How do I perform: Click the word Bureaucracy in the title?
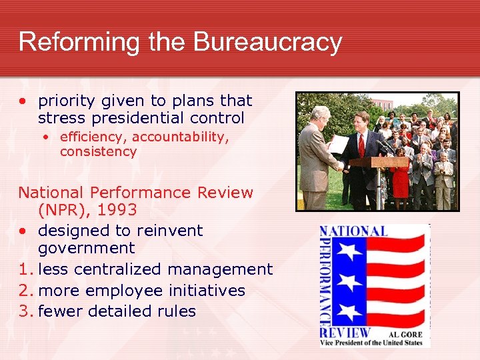click(x=268, y=41)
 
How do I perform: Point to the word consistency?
click(x=98, y=151)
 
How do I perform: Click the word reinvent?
click(x=169, y=231)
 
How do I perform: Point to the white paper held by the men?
click(x=339, y=144)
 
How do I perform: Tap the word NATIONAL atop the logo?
click(x=355, y=231)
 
